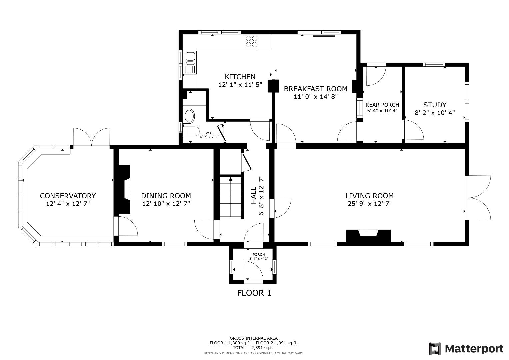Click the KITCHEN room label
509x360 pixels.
pos(240,77)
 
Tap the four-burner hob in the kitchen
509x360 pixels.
pos(252,41)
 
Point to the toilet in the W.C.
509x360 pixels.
pos(191,131)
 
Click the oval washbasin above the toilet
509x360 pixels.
pos(189,116)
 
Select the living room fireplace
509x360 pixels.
pos(368,235)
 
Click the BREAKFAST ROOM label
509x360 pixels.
pos(315,89)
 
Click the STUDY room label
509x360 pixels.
pos(435,105)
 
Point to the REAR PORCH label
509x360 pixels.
pos(382,105)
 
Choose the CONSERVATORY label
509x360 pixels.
pos(68,196)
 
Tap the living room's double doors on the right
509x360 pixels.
pos(479,198)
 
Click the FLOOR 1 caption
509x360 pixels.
pos(254,293)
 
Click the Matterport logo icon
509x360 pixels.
pos(435,349)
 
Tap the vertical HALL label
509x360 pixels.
pos(254,195)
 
